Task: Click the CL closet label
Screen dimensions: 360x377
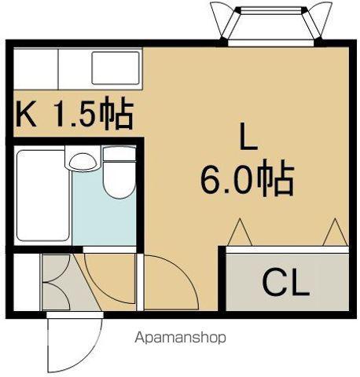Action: [286, 284]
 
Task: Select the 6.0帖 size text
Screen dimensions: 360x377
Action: [247, 178]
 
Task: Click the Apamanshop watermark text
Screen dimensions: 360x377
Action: [180, 338]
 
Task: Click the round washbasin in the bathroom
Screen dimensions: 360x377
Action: [83, 162]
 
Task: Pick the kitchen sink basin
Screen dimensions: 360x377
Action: [116, 68]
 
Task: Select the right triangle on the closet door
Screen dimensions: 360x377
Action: [335, 232]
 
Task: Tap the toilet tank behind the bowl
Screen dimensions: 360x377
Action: [119, 154]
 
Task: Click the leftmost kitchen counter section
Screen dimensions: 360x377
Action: [35, 68]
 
